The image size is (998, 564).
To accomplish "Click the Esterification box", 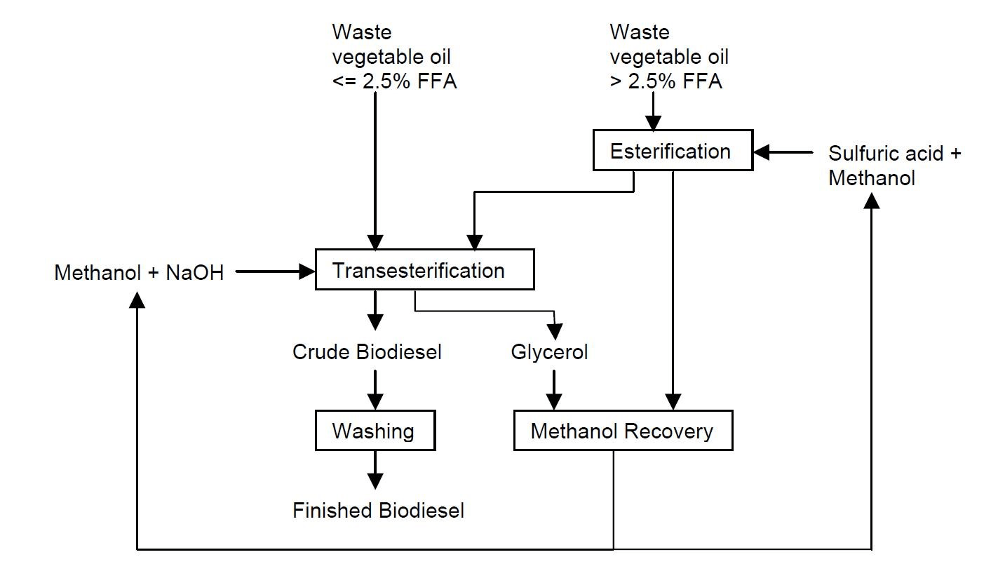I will coord(672,150).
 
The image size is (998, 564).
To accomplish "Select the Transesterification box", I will coord(424,270).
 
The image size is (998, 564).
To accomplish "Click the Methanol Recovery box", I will coord(623,430).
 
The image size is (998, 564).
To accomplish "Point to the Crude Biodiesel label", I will coord(367,351).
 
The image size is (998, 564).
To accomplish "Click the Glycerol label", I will coord(549,351).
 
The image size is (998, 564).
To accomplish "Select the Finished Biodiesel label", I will coord(378,510).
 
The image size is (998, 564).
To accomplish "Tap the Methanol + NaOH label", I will coord(139,272).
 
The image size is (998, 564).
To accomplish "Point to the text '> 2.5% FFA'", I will coord(666,81).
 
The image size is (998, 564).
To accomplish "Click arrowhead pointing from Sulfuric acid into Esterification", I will coord(762,152).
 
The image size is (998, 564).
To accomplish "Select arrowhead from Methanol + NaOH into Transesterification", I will coord(306,271).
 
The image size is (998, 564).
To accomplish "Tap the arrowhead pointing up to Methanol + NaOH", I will coord(137,299).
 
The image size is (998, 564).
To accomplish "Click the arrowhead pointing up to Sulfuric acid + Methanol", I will coord(871,201).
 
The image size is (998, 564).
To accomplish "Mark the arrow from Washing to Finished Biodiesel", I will coord(375,470).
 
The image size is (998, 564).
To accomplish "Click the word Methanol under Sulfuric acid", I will coord(871,178).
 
